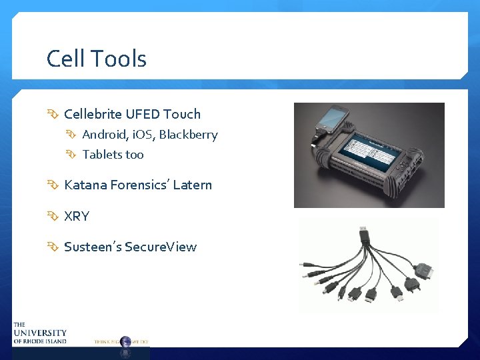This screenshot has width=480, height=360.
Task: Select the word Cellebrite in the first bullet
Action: (x=93, y=114)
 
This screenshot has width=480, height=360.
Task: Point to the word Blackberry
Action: (x=188, y=135)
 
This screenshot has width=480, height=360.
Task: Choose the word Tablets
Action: (x=103, y=155)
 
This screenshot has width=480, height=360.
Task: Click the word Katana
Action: (x=84, y=185)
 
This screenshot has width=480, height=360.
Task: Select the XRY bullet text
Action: (x=77, y=216)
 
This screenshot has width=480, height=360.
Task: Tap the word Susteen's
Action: (x=91, y=247)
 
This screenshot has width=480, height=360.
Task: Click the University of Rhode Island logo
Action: (x=39, y=333)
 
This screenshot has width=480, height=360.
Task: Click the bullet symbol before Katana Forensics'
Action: (x=53, y=185)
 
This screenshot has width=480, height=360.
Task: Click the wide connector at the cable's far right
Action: (x=423, y=271)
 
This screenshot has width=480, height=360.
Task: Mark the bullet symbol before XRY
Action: (x=53, y=216)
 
